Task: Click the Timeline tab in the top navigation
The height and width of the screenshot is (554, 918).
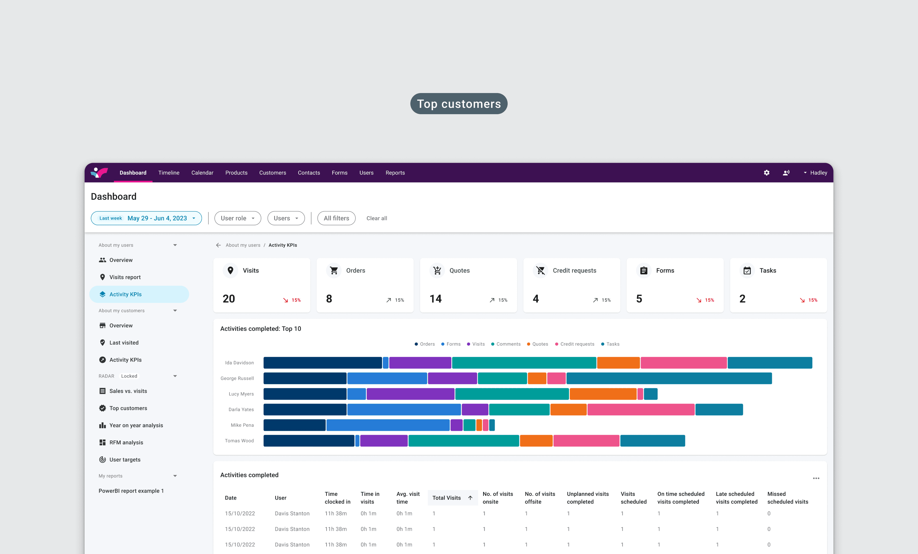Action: point(169,173)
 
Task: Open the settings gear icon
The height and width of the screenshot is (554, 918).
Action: point(766,173)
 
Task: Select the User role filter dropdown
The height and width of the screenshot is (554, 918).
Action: point(238,218)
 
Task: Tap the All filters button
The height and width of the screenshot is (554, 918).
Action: point(336,218)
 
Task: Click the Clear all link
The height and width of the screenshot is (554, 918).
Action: point(377,218)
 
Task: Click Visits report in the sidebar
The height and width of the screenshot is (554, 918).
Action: point(125,277)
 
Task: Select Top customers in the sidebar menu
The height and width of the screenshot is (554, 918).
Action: point(128,408)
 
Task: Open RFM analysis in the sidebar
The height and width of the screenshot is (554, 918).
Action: point(126,443)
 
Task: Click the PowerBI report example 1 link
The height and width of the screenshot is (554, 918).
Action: point(131,491)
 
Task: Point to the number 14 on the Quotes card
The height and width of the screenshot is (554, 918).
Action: point(435,299)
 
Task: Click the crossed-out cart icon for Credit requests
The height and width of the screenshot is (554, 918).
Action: point(541,270)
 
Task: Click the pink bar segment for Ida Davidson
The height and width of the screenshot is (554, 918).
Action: point(684,363)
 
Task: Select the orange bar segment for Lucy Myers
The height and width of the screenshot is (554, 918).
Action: point(603,394)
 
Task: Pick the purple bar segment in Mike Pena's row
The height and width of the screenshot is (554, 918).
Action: point(456,425)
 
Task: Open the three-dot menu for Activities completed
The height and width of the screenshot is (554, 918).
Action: point(816,478)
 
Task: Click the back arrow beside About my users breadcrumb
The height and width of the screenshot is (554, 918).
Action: point(218,245)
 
